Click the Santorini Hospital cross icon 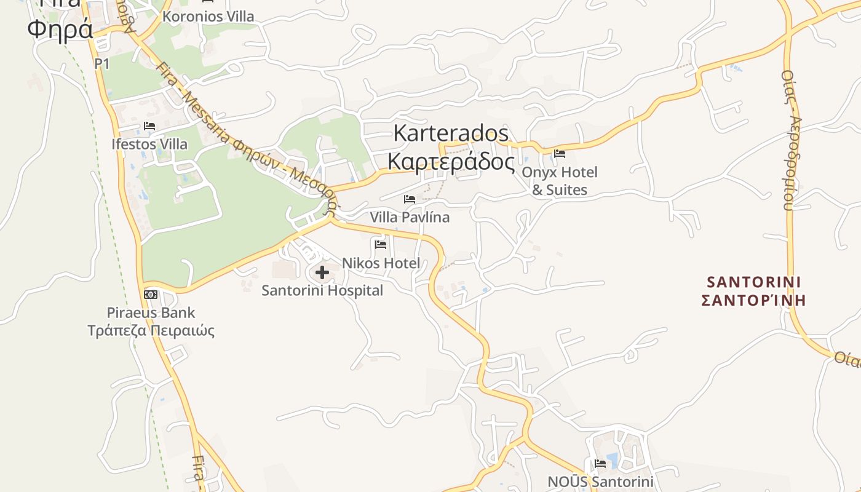click(322, 272)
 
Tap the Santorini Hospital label click(322, 290)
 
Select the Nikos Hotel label click(381, 263)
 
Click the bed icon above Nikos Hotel click(381, 245)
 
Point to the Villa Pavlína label click(410, 217)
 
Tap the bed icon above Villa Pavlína click(410, 199)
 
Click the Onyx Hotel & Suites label click(560, 181)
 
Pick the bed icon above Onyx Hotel click(560, 154)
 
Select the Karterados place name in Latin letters click(451, 133)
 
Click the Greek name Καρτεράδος click(451, 161)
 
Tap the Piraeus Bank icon click(151, 295)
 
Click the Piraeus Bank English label click(151, 312)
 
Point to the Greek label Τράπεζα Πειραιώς click(151, 330)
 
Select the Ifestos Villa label click(149, 144)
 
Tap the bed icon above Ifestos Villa click(149, 126)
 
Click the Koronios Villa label click(208, 17)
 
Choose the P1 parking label click(102, 63)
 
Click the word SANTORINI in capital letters click(753, 282)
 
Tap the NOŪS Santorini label click(600, 482)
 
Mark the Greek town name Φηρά click(60, 29)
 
